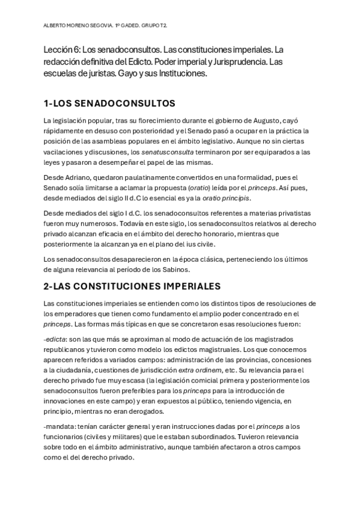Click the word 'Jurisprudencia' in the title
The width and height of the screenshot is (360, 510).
(x=236, y=63)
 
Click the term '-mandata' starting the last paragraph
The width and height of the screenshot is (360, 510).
(x=59, y=426)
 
